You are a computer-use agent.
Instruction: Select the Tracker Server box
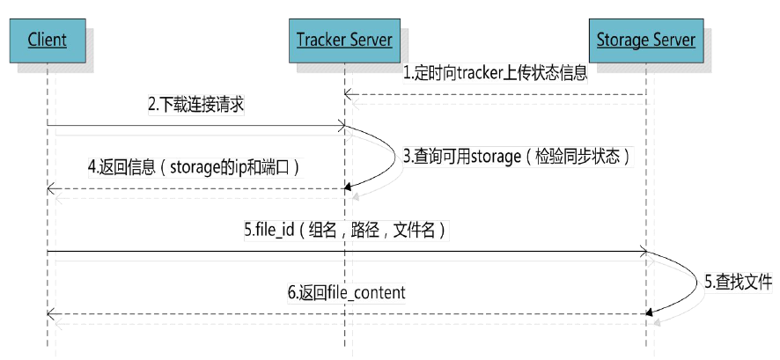342,40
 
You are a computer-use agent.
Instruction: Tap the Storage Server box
646,40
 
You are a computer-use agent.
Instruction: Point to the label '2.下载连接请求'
195,107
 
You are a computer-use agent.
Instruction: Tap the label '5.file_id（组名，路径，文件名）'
349,231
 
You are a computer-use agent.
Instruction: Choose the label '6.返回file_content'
346,292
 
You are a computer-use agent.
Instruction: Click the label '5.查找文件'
737,283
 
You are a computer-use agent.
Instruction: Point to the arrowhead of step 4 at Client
50,188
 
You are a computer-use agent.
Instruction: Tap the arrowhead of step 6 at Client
50,313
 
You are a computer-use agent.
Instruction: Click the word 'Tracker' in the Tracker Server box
319,40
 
